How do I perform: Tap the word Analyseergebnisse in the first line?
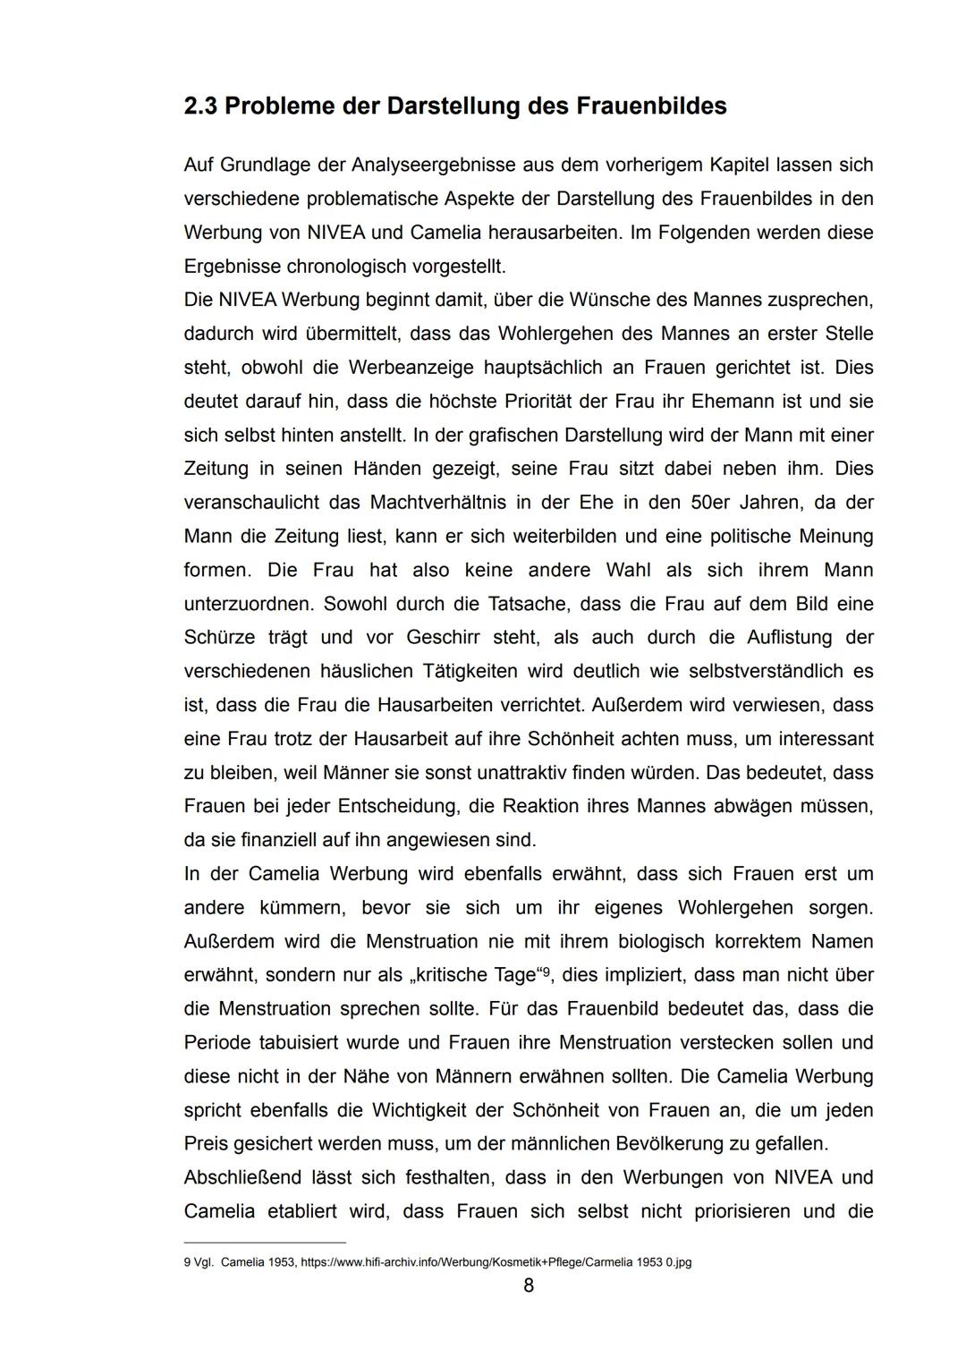(428, 165)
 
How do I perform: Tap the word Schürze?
(219, 638)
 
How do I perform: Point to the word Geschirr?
(444, 638)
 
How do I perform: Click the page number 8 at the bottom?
(528, 1285)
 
